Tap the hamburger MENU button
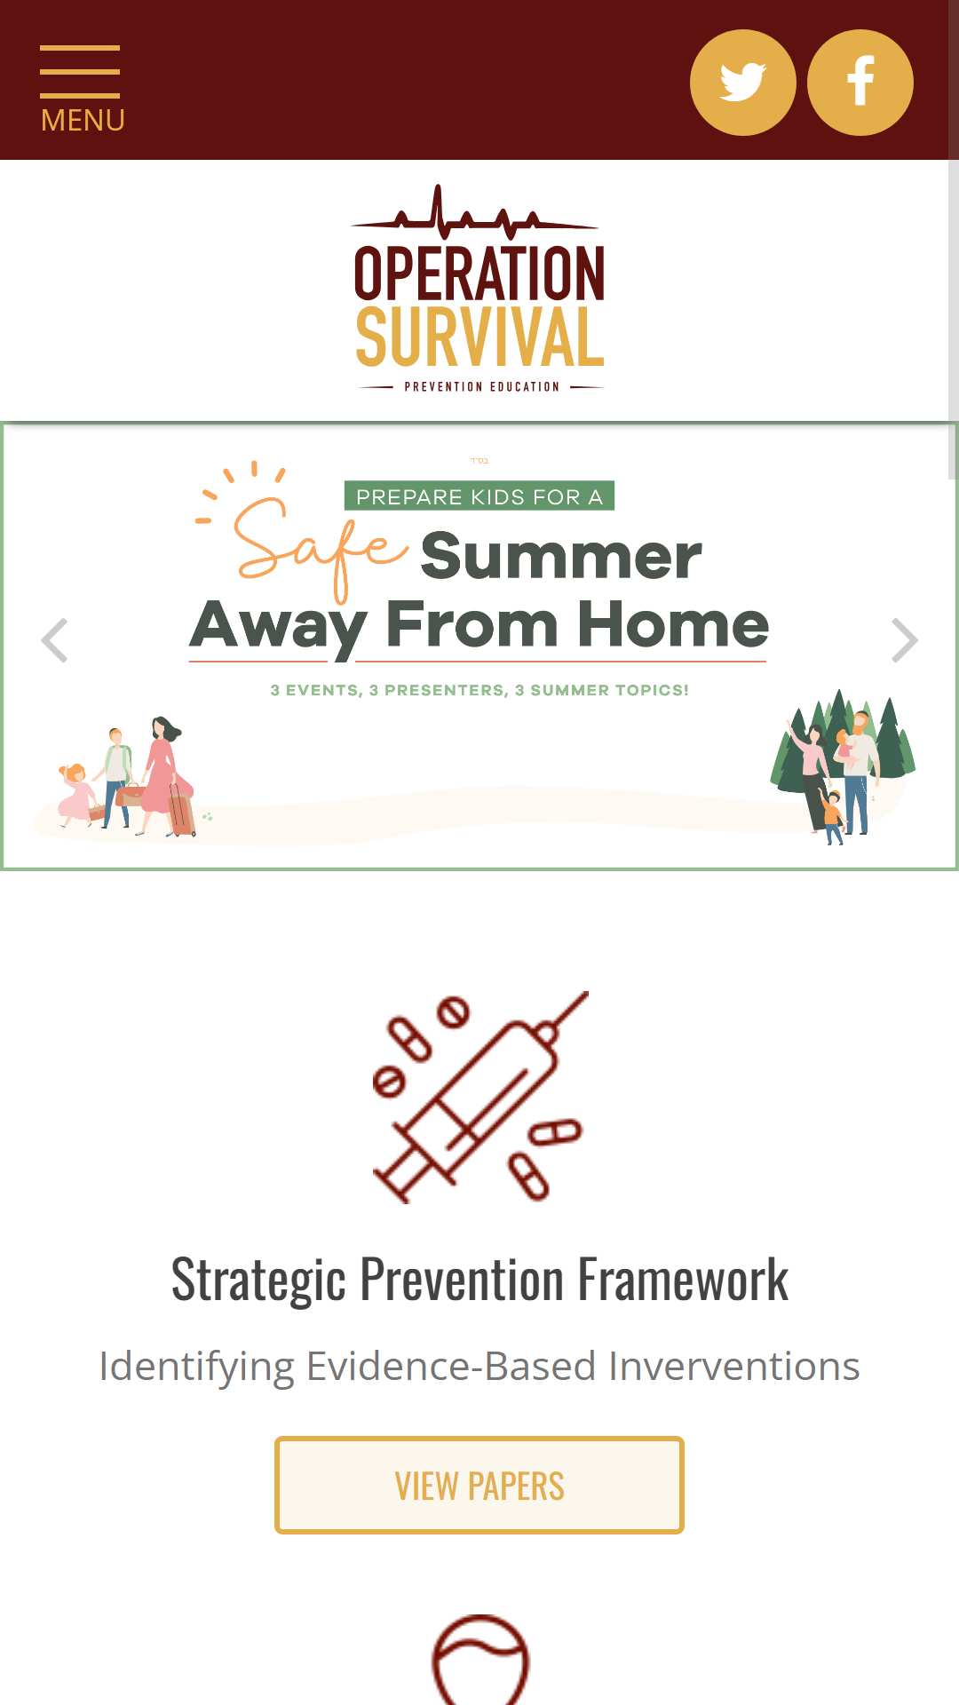tap(82, 89)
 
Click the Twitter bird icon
tap(743, 83)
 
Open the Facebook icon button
tap(860, 83)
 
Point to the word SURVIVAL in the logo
tap(479, 337)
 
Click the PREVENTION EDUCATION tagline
tap(481, 386)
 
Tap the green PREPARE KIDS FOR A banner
tap(479, 496)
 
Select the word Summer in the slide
tap(561, 557)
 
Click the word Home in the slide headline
tap(673, 624)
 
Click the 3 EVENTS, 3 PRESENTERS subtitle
tap(479, 690)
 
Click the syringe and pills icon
tap(480, 1098)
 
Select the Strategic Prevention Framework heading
tap(479, 1280)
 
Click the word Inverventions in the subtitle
tap(734, 1366)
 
